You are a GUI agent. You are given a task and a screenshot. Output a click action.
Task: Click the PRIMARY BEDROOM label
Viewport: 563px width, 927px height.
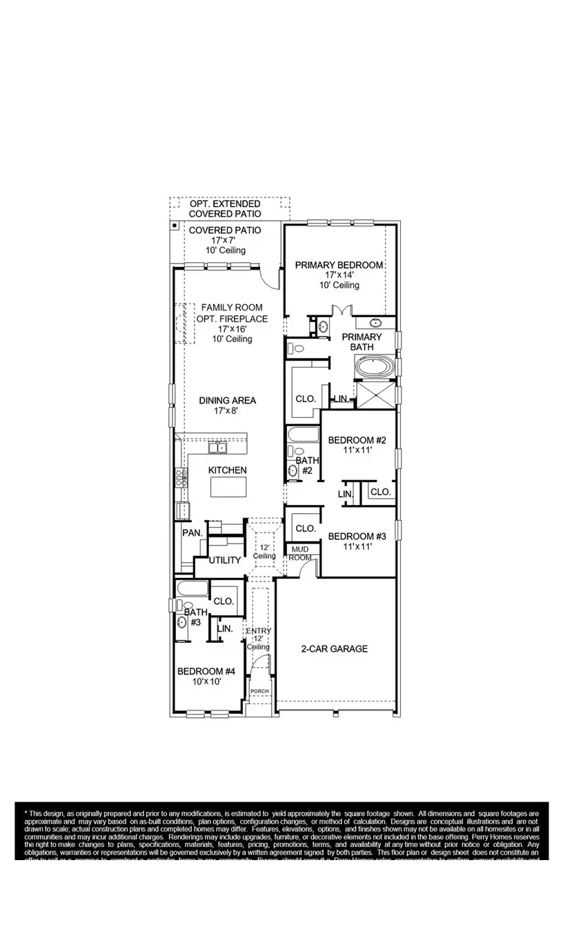(x=339, y=265)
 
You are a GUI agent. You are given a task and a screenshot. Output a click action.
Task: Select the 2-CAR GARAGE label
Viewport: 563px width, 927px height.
(x=334, y=648)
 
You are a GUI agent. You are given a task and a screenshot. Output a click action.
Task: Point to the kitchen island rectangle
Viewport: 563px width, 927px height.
(x=228, y=487)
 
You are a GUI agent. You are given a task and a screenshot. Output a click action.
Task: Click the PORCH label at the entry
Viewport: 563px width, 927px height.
(x=259, y=691)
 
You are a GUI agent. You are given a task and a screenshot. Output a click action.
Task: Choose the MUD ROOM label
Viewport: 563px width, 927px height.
(x=299, y=553)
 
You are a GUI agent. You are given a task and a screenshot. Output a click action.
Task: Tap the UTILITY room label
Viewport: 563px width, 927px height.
(x=225, y=560)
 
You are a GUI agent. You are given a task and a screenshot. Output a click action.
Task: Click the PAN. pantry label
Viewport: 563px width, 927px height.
(x=192, y=532)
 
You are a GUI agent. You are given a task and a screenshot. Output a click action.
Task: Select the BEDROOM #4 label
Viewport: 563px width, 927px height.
(x=206, y=671)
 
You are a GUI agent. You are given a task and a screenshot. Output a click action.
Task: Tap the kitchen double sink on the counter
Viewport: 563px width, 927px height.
(x=218, y=448)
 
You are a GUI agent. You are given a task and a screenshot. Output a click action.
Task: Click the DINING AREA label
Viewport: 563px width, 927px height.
(x=227, y=400)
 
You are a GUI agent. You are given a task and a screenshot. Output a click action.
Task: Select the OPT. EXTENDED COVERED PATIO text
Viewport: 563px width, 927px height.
(x=225, y=209)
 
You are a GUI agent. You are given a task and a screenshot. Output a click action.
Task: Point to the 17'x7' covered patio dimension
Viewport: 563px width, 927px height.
(x=225, y=241)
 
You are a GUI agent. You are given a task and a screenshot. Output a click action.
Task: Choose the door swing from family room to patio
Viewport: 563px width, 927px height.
(x=268, y=278)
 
